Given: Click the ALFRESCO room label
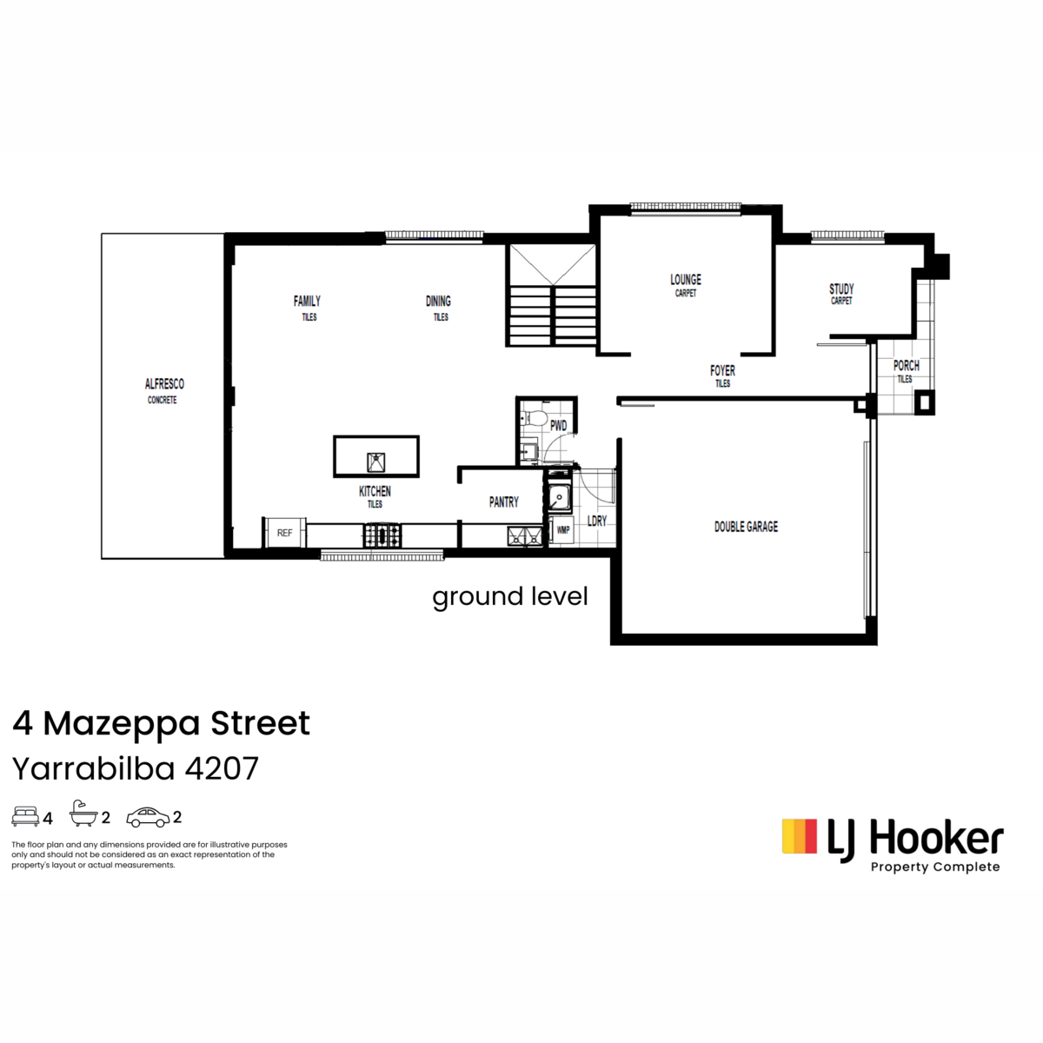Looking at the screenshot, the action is pyautogui.click(x=164, y=384).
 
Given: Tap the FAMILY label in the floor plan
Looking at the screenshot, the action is pyautogui.click(x=307, y=301).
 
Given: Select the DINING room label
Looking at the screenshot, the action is pyautogui.click(x=438, y=301).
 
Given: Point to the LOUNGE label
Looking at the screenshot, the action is pyautogui.click(x=685, y=279).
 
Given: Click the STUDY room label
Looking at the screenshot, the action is pyautogui.click(x=841, y=289).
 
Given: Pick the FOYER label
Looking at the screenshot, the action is pyautogui.click(x=722, y=371).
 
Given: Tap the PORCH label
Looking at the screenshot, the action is pyautogui.click(x=906, y=365).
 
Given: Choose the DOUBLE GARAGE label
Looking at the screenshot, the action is pyautogui.click(x=746, y=527).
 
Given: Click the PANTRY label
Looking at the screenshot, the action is pyautogui.click(x=503, y=502).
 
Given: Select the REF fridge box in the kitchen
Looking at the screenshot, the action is pyautogui.click(x=284, y=533).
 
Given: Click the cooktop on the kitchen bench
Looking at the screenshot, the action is pyautogui.click(x=382, y=536).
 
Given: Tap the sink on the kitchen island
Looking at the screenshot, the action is pyautogui.click(x=375, y=462).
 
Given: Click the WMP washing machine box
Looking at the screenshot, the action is pyautogui.click(x=561, y=530).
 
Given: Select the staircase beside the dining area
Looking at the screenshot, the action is pyautogui.click(x=551, y=296).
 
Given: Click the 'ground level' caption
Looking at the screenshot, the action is pyautogui.click(x=509, y=597).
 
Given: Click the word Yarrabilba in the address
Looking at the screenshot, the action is pyautogui.click(x=94, y=768).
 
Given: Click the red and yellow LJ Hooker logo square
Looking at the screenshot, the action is pyautogui.click(x=799, y=836).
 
